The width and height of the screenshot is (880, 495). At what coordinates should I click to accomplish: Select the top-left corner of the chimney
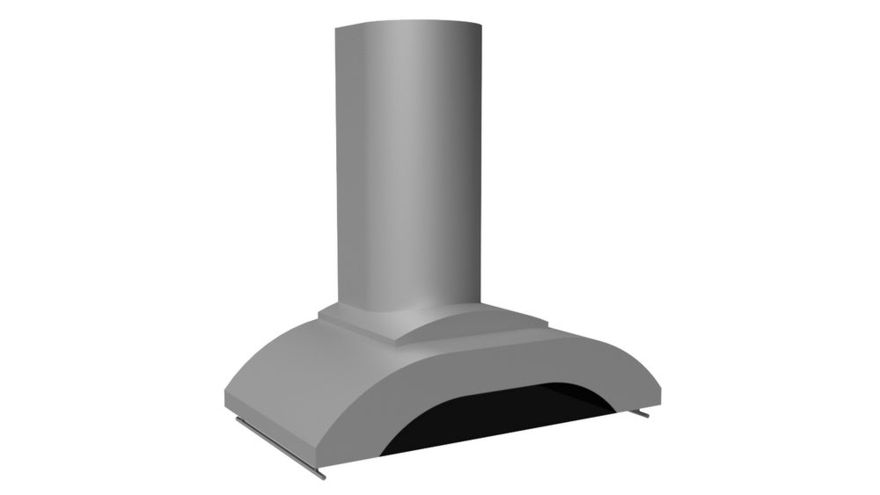pos(333,28)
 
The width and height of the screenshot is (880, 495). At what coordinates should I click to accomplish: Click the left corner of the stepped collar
pos(319,310)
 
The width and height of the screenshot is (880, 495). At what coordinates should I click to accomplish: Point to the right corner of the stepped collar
pos(549,327)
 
